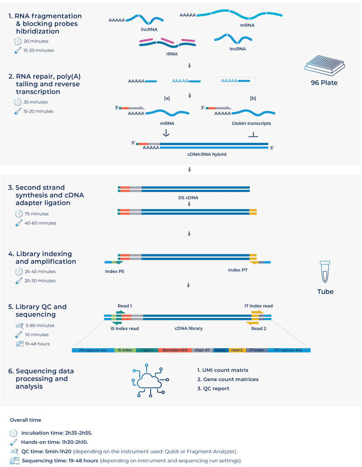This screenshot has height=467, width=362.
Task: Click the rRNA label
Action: tap(172, 54)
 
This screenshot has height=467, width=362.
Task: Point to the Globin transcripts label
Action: tap(251, 123)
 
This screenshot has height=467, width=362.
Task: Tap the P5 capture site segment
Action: tap(94, 350)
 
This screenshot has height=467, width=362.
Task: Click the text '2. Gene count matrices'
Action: tap(228, 379)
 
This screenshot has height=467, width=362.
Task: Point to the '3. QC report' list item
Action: tap(213, 388)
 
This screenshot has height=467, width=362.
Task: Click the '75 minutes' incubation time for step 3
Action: tap(36, 214)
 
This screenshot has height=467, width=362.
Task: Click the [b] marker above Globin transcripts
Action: tap(253, 98)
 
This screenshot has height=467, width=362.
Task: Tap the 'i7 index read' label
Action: tap(258, 306)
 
